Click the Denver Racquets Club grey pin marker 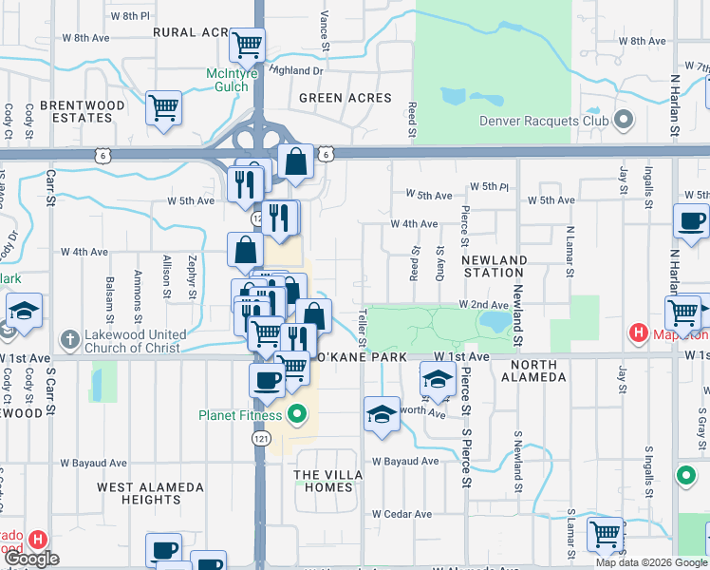click(624, 120)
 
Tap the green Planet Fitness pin click(296, 414)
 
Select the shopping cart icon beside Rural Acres click(247, 44)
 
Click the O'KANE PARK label click(361, 356)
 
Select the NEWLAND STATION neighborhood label click(495, 266)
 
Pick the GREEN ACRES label click(345, 98)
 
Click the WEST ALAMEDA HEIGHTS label click(151, 493)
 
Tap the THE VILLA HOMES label click(328, 481)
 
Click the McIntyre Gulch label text click(228, 80)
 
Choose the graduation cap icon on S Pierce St click(437, 380)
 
